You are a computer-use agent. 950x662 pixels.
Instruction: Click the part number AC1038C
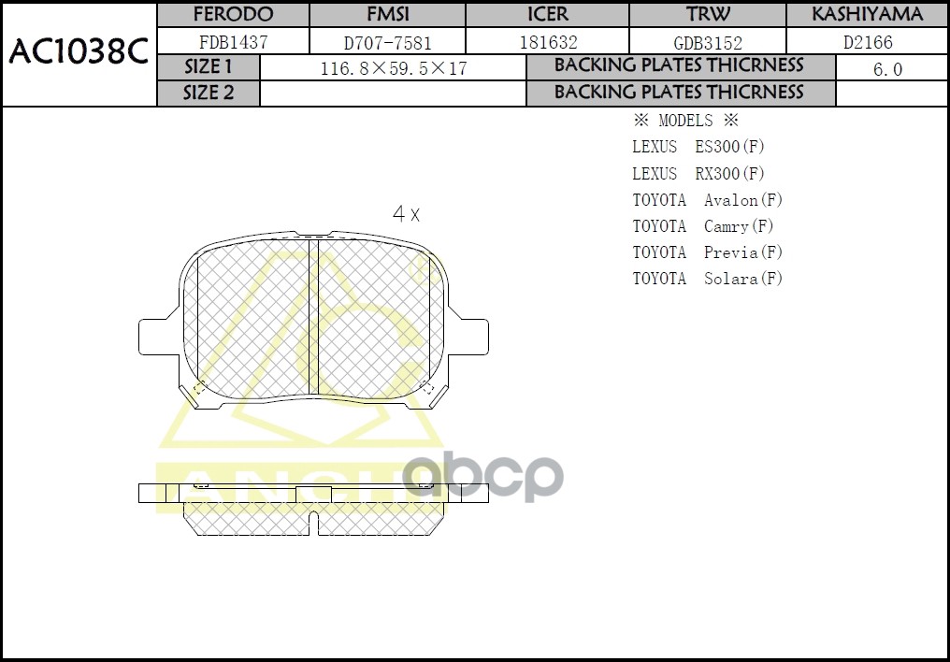point(79,52)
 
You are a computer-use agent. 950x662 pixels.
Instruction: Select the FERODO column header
point(233,15)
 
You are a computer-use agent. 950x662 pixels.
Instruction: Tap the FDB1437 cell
point(233,42)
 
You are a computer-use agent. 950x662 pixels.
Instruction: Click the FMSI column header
point(386,15)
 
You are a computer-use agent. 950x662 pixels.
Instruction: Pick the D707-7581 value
point(386,42)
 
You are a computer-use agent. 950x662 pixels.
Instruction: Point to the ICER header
point(547,15)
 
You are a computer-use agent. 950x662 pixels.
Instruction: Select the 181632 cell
point(547,42)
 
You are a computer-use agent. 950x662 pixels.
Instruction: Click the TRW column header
point(708,15)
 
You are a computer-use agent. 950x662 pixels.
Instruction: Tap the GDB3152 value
point(708,42)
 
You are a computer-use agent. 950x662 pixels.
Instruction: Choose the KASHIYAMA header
point(867,15)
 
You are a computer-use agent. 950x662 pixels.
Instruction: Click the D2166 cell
point(867,42)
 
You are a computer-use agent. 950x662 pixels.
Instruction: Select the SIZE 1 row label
point(208,67)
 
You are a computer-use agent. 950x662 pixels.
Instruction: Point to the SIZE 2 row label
point(208,93)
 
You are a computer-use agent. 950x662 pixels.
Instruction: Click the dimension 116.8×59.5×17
point(393,69)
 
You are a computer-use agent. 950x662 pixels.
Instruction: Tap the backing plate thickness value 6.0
point(886,69)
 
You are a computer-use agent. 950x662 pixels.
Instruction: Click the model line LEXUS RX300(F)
point(698,174)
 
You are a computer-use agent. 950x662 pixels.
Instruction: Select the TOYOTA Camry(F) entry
point(703,226)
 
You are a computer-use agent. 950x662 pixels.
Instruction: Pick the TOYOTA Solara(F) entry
point(707,279)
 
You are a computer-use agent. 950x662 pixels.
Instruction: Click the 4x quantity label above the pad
point(406,214)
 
